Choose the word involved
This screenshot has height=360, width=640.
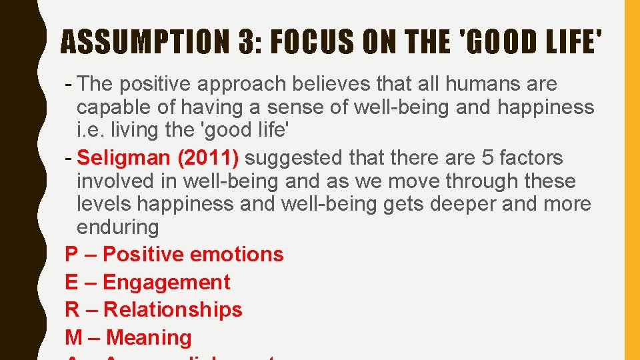click(x=120, y=181)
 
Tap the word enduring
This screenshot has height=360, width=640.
click(x=118, y=227)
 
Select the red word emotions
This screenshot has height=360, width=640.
click(x=237, y=254)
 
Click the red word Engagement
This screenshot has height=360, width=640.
click(x=166, y=282)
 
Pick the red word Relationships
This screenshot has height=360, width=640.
click(x=173, y=309)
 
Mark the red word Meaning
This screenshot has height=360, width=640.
click(x=149, y=337)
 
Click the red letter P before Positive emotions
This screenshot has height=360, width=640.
click(x=71, y=254)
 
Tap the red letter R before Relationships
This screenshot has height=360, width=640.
click(x=72, y=309)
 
